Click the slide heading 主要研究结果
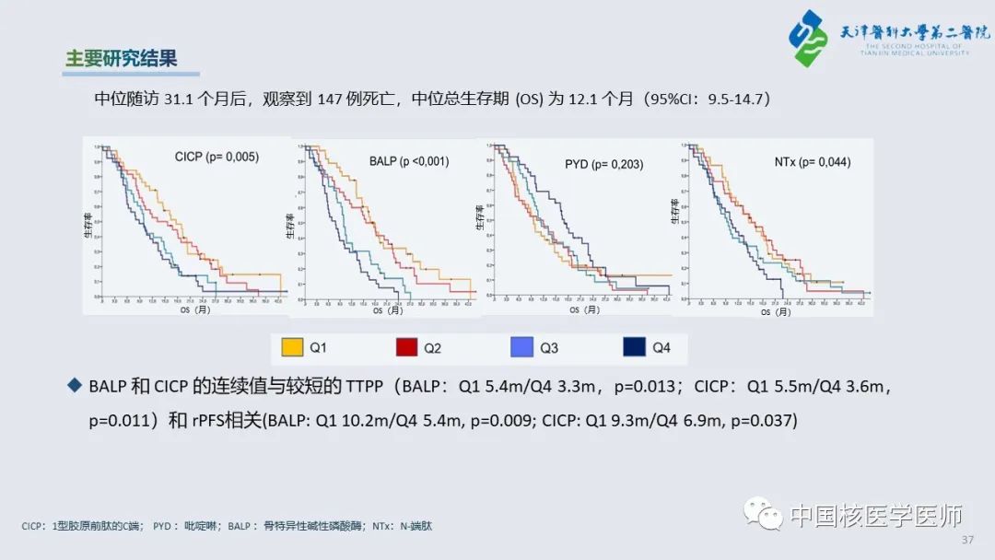click(x=120, y=58)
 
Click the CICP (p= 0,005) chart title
click(x=217, y=157)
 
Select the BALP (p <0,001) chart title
click(x=410, y=161)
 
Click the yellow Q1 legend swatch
click(x=292, y=347)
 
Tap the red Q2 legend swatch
click(x=407, y=347)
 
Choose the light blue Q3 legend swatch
click(x=522, y=347)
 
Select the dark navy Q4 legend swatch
click(x=635, y=347)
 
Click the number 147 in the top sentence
click(x=329, y=99)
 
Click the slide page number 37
click(x=966, y=539)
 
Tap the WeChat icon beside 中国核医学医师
click(x=763, y=512)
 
